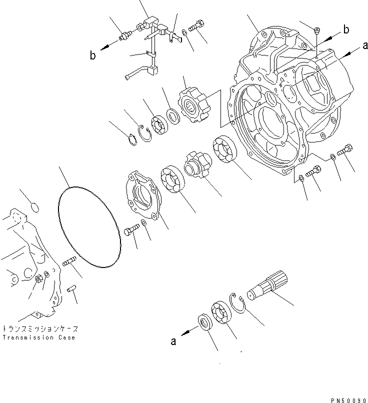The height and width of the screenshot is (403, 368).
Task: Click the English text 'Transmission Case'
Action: [38, 337]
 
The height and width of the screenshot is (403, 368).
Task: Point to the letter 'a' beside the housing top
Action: [365, 46]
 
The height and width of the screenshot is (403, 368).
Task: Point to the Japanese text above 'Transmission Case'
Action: [40, 329]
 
